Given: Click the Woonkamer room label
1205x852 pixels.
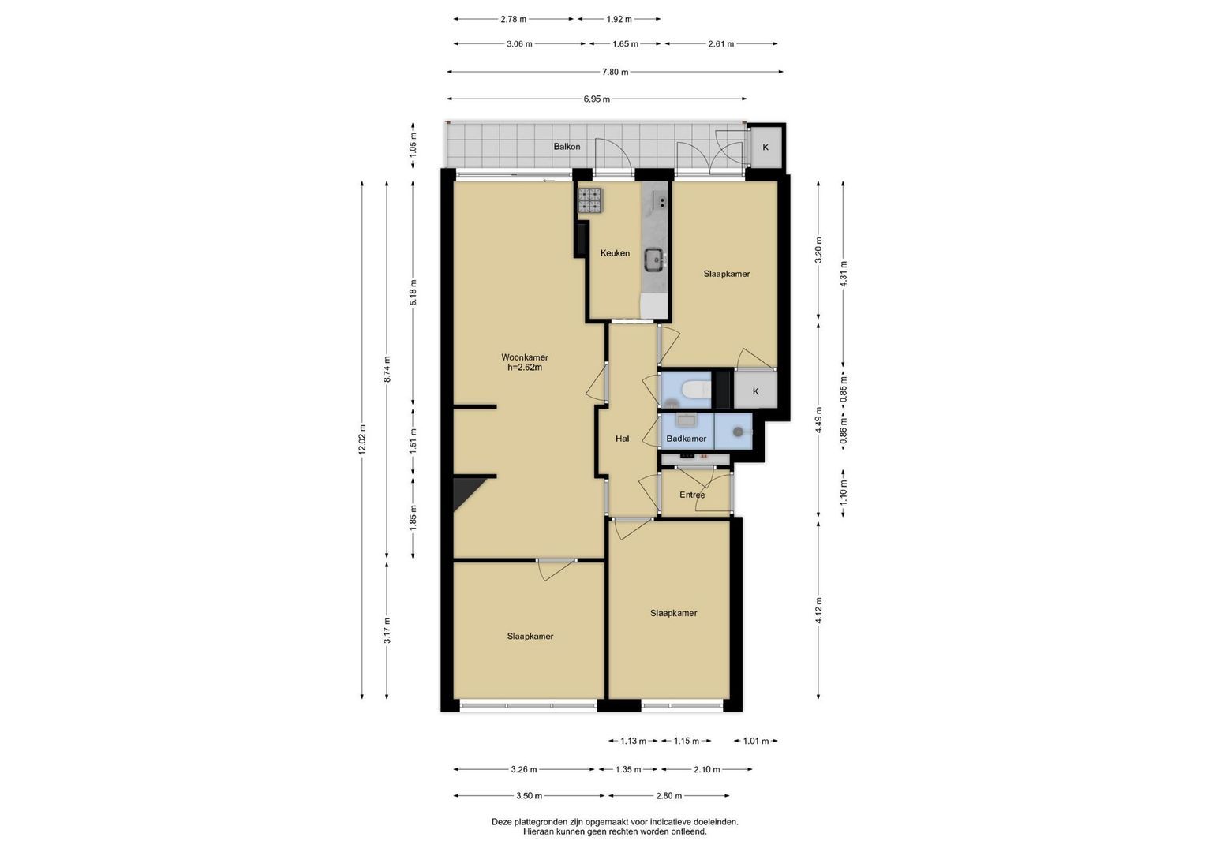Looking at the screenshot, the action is (x=525, y=357).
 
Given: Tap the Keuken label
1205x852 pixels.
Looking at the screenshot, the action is (x=615, y=253).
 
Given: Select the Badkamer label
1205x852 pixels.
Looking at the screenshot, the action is (x=686, y=439).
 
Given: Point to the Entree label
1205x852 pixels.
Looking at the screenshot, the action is (x=692, y=495).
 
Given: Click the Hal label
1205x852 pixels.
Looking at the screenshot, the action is (x=623, y=439).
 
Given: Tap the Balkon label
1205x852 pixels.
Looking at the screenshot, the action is (x=567, y=146).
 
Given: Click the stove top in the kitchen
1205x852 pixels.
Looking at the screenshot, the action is (x=590, y=200).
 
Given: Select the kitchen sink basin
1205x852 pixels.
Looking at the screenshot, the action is (x=655, y=260).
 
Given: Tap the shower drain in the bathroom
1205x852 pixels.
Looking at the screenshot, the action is (x=739, y=431).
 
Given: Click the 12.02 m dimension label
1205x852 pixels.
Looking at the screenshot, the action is (x=362, y=439).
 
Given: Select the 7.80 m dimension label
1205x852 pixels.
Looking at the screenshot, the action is (x=615, y=72).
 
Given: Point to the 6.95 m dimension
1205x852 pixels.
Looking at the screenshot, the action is (x=597, y=99).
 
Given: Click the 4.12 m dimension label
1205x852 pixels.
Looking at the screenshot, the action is (x=818, y=611).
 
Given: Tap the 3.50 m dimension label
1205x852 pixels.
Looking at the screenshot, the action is (x=529, y=796).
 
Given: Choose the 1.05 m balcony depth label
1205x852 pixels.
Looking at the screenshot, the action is (x=414, y=146).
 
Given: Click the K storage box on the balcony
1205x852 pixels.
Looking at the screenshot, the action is (x=765, y=147).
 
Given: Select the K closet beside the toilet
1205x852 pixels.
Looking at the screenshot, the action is (x=755, y=391).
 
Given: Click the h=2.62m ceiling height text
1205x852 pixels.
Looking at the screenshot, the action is (x=525, y=368).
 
